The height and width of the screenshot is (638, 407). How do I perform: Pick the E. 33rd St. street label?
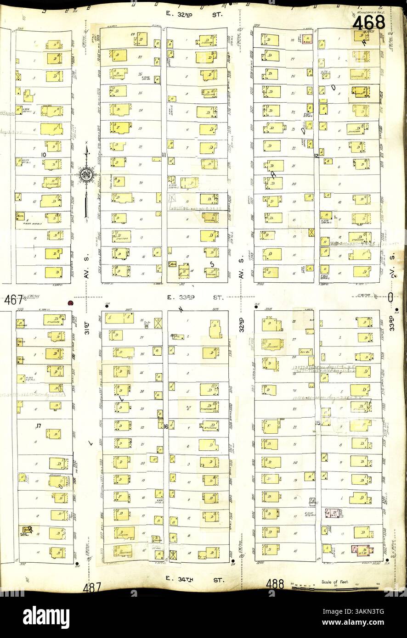tap(195, 297)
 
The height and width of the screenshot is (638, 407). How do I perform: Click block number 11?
tap(164, 155)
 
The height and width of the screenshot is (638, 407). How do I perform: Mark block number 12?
tap(317, 156)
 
